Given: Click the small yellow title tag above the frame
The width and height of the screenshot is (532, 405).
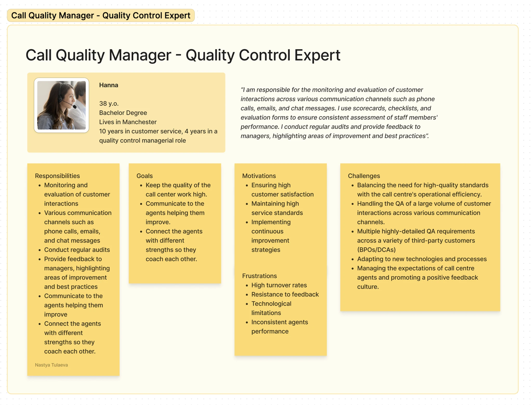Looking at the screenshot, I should (101, 16).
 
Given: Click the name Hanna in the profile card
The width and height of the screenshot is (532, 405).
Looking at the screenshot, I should (109, 85).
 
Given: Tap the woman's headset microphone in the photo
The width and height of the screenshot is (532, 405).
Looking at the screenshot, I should (75, 107).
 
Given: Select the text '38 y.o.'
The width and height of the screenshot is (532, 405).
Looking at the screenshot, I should (109, 104).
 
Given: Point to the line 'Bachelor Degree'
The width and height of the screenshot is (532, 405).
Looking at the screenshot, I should (123, 113).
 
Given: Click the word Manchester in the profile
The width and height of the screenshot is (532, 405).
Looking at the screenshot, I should (139, 122).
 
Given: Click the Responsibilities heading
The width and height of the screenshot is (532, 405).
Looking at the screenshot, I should (57, 176).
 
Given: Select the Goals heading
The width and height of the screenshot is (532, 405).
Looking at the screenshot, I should (144, 176).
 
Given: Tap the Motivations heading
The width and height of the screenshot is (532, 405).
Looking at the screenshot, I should (259, 176).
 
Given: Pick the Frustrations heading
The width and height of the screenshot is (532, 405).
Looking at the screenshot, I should (259, 276).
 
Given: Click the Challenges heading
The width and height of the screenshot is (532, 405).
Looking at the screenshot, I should (364, 176).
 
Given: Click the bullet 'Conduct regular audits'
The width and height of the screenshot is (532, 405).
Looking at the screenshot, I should (77, 250).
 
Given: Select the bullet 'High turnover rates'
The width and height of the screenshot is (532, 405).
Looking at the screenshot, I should (279, 285).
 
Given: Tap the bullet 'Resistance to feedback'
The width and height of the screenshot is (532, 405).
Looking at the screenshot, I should (285, 295).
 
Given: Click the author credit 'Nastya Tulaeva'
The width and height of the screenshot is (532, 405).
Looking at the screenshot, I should (51, 365).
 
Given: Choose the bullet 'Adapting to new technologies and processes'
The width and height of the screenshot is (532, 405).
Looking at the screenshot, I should (422, 259).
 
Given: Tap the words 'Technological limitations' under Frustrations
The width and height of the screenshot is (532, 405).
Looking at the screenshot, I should (271, 308).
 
